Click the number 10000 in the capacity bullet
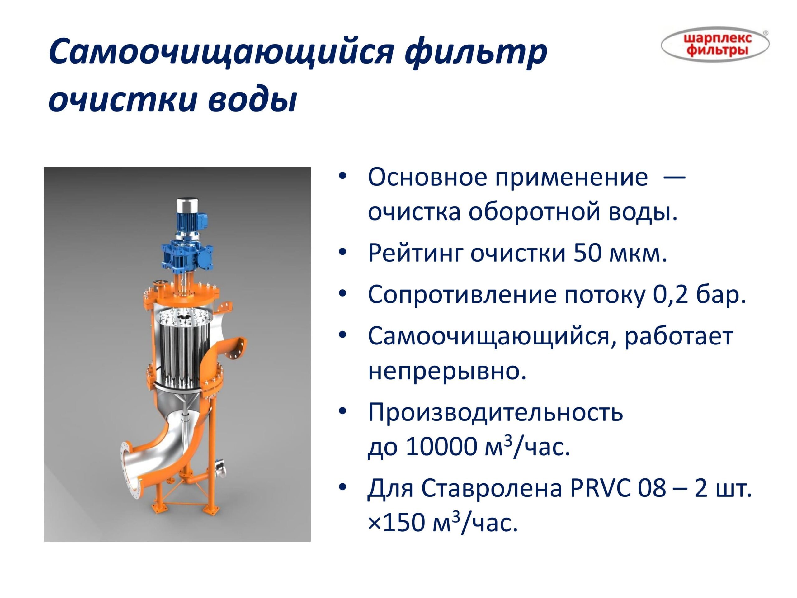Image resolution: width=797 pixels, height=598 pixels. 442,447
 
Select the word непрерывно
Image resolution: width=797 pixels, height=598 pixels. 447,371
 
